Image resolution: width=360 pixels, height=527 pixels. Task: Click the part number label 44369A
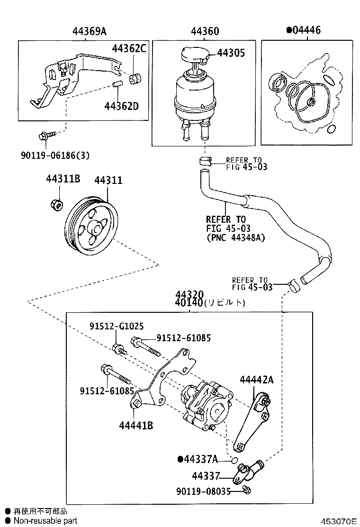89,32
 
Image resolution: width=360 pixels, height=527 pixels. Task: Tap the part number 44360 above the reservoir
205,32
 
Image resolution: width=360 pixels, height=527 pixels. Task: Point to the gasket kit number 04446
306,31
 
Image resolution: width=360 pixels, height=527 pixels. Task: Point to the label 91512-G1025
117,327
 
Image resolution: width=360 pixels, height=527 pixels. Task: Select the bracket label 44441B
135,425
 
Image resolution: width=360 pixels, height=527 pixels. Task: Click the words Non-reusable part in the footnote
45,521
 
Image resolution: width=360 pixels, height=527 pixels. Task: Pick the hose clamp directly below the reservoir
205,161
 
